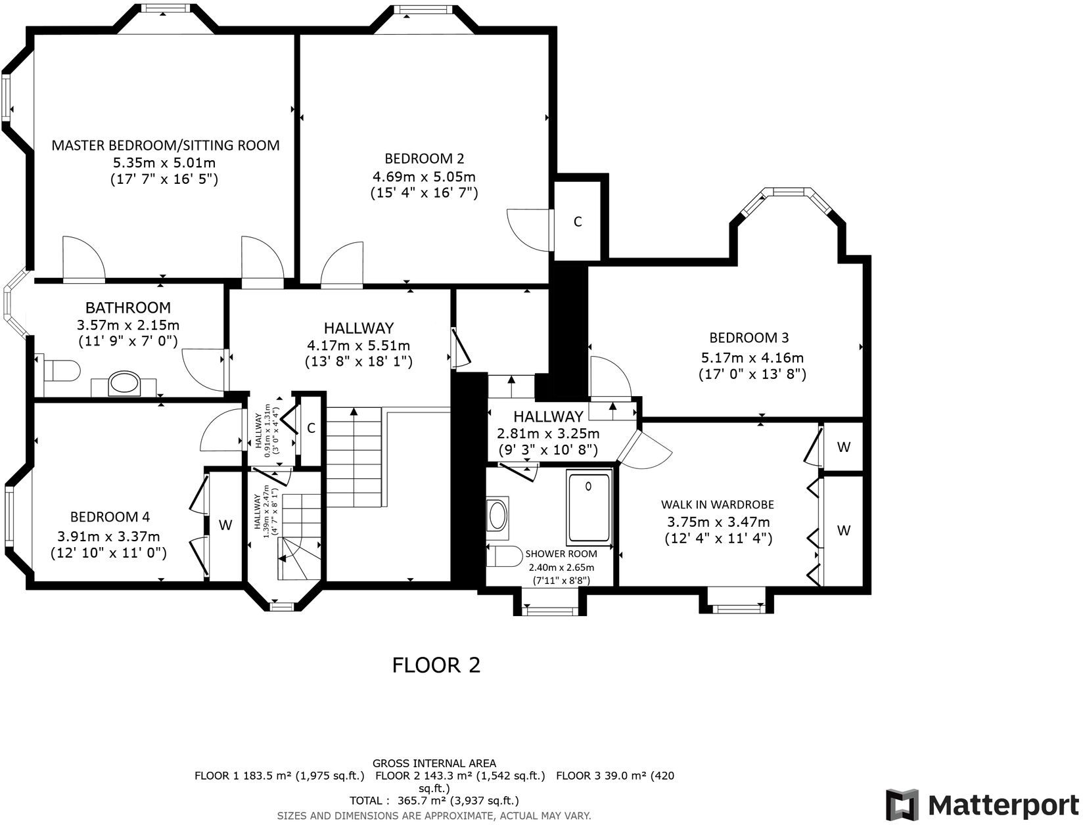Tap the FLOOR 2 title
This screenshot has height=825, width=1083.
coord(436,665)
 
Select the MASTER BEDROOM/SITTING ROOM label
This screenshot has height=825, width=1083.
coord(166,145)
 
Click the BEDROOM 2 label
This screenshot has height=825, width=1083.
coord(425,159)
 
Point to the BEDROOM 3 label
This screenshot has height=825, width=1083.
coord(749,338)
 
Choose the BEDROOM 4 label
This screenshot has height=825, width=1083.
coord(110,517)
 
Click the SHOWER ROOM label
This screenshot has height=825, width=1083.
coord(561,554)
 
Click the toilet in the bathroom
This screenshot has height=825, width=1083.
coord(62,370)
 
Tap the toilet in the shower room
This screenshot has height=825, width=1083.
coord(504,556)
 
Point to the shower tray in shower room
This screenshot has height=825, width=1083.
coord(589,508)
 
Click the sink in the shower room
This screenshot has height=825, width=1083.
coord(497,514)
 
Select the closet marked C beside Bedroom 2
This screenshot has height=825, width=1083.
coord(578,222)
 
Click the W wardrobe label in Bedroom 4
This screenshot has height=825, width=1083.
coord(225,525)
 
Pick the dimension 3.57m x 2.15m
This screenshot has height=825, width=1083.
coord(128,325)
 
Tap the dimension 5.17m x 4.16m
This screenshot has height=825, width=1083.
coord(752,357)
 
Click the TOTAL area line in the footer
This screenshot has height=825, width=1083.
coord(434,801)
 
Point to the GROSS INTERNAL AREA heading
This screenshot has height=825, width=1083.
coord(434,763)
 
